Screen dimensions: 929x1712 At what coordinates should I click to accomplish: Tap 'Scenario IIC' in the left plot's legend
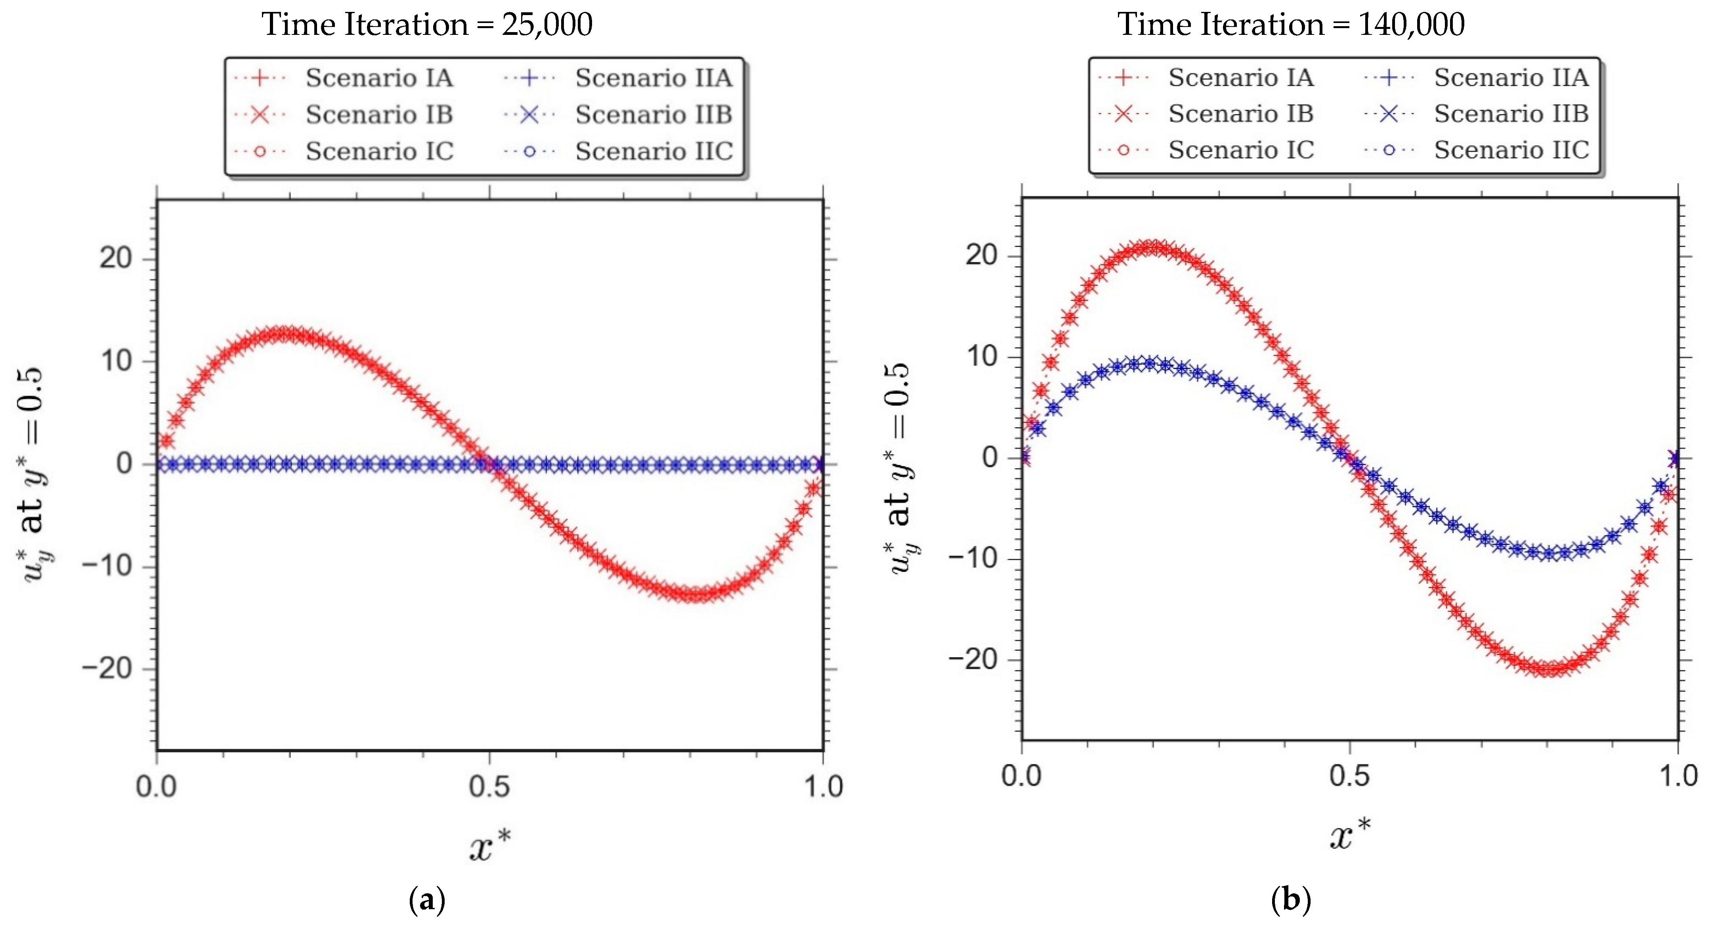[x=654, y=151]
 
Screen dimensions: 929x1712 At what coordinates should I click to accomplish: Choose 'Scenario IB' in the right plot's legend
[x=1241, y=114]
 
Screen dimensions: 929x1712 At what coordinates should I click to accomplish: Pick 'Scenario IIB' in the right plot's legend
[x=1511, y=114]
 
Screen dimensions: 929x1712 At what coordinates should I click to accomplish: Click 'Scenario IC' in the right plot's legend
[x=1241, y=150]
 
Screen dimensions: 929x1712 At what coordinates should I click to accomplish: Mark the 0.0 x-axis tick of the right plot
[x=1022, y=776]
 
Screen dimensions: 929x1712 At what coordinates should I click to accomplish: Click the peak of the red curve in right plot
[x=1152, y=248]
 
